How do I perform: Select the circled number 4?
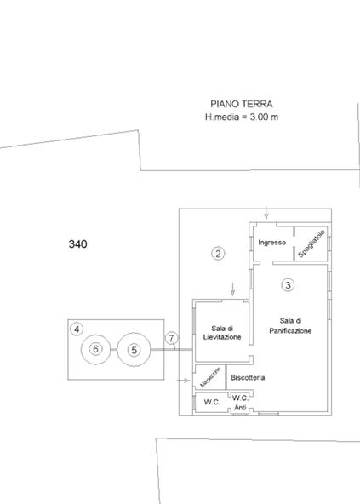point(77,328)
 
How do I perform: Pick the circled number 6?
point(95,349)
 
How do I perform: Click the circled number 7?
point(171,339)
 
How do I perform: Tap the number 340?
point(77,244)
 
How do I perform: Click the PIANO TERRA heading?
point(241,103)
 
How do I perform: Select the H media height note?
point(241,116)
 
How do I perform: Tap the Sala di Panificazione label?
point(289,326)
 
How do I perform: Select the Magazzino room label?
point(206,378)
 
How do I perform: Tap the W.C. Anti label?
point(240,401)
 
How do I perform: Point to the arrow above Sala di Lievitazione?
point(232,290)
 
